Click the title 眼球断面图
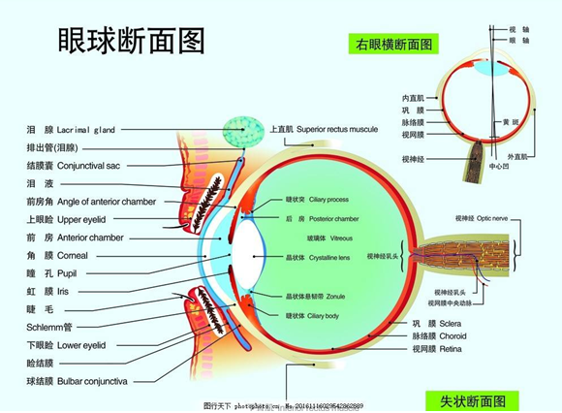[x=132, y=42]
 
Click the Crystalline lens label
[x=328, y=258]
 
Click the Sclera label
[x=452, y=323]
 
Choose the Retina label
[x=452, y=348]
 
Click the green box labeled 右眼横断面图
[x=392, y=44]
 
